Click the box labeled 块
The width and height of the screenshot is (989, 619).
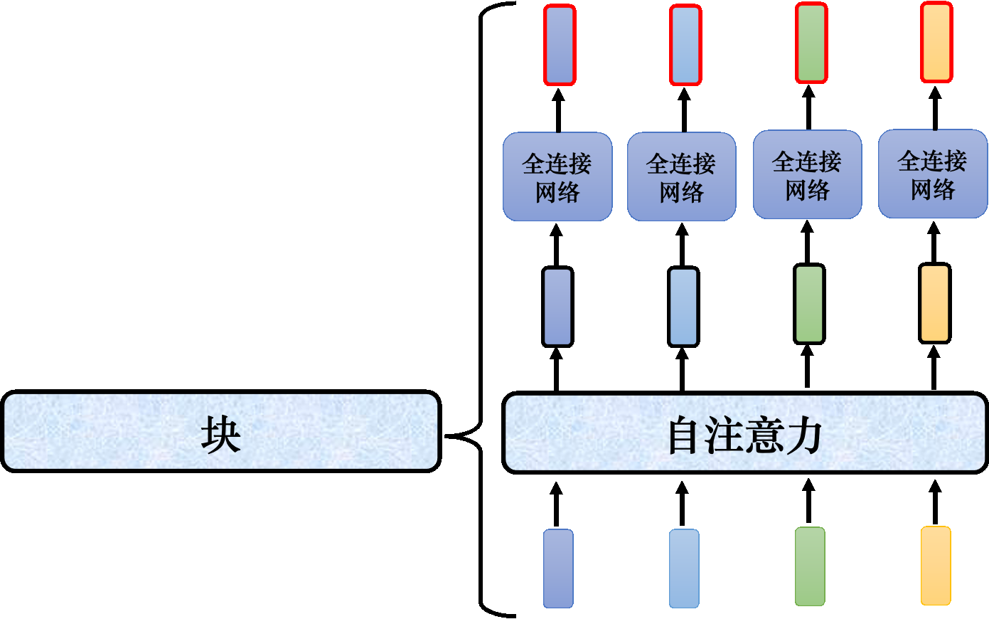(x=220, y=431)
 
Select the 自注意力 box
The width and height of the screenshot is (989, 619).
(x=744, y=433)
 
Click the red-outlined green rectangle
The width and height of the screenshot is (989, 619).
(x=811, y=43)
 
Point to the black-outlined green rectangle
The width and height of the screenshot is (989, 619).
(x=809, y=304)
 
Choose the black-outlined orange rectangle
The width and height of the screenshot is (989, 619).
(x=934, y=303)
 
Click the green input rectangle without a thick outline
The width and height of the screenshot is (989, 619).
(x=809, y=566)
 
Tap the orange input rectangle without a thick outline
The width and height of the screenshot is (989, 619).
(x=935, y=566)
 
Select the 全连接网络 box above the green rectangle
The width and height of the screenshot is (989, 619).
(x=807, y=175)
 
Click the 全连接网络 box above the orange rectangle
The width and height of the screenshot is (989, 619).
(x=932, y=174)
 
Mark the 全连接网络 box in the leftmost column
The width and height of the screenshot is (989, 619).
(x=557, y=177)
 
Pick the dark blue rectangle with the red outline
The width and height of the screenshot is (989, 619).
(x=559, y=46)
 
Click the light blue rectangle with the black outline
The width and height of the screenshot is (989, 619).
(x=683, y=307)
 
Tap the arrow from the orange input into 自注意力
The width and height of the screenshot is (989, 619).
(x=935, y=502)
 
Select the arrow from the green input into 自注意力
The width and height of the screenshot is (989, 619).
(x=808, y=501)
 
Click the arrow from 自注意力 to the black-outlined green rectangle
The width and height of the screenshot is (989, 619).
(x=807, y=366)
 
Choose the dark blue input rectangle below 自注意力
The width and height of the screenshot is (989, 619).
(x=558, y=568)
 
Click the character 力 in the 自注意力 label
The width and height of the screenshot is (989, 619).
(x=804, y=435)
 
